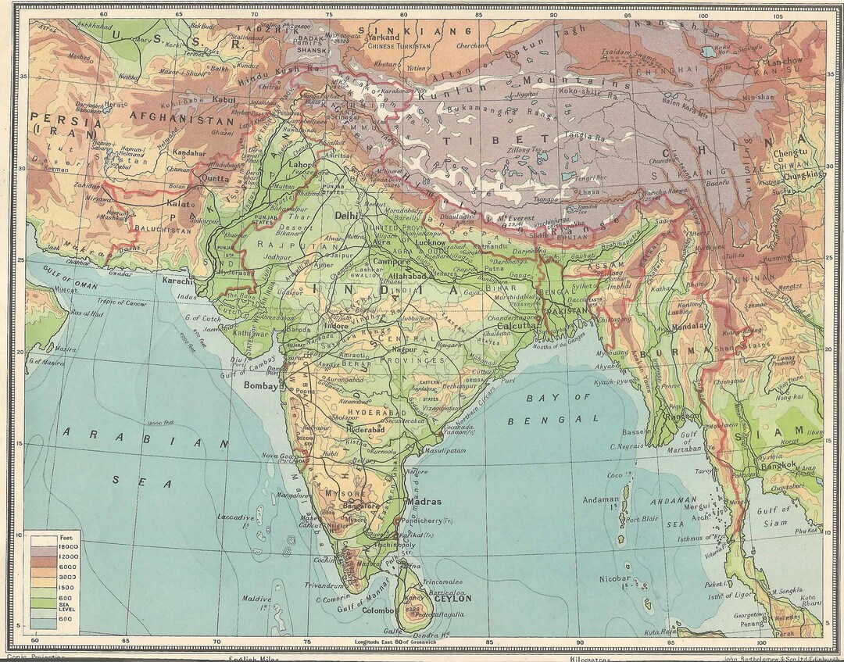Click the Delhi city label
[345, 214]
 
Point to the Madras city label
[424, 502]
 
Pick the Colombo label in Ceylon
[378, 610]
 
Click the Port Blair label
[642, 518]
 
